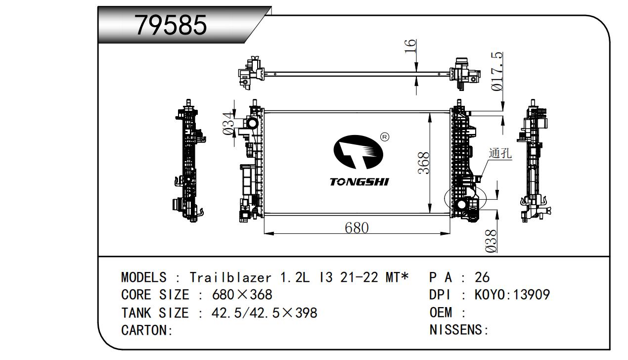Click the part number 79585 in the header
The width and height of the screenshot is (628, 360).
[x=171, y=25]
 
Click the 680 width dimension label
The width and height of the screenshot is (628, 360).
[x=357, y=227]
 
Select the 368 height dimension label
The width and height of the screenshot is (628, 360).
[x=424, y=163]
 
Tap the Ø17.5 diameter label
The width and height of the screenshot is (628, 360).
[x=497, y=72]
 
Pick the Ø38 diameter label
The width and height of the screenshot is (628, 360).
[x=491, y=241]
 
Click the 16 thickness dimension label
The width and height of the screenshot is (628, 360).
[x=410, y=46]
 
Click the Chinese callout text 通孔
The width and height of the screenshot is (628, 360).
[x=500, y=153]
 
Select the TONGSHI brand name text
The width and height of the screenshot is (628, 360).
[x=359, y=182]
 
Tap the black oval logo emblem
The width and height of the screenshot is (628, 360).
[x=358, y=152]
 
